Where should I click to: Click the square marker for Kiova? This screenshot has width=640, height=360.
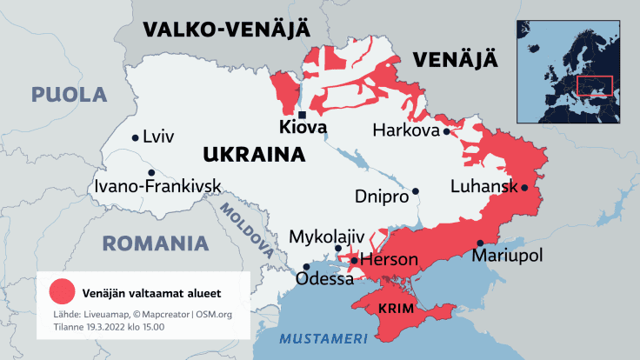[x=301, y=115]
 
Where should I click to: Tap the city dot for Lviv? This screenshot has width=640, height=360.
[x=135, y=137]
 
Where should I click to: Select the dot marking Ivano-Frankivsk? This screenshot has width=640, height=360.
[x=151, y=172]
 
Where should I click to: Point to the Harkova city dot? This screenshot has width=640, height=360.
[x=446, y=132]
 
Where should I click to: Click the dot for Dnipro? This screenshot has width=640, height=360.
[x=416, y=191]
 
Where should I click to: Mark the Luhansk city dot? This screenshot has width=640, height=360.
[x=524, y=187]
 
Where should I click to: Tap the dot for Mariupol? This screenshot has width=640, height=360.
[x=479, y=243]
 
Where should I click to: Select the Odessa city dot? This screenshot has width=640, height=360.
[x=305, y=267]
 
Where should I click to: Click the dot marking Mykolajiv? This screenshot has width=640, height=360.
[x=338, y=249]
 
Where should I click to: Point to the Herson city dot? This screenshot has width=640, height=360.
[x=354, y=260]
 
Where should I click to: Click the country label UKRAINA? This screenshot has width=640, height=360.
[x=253, y=156]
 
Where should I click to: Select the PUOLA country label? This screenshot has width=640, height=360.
[x=69, y=94]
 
